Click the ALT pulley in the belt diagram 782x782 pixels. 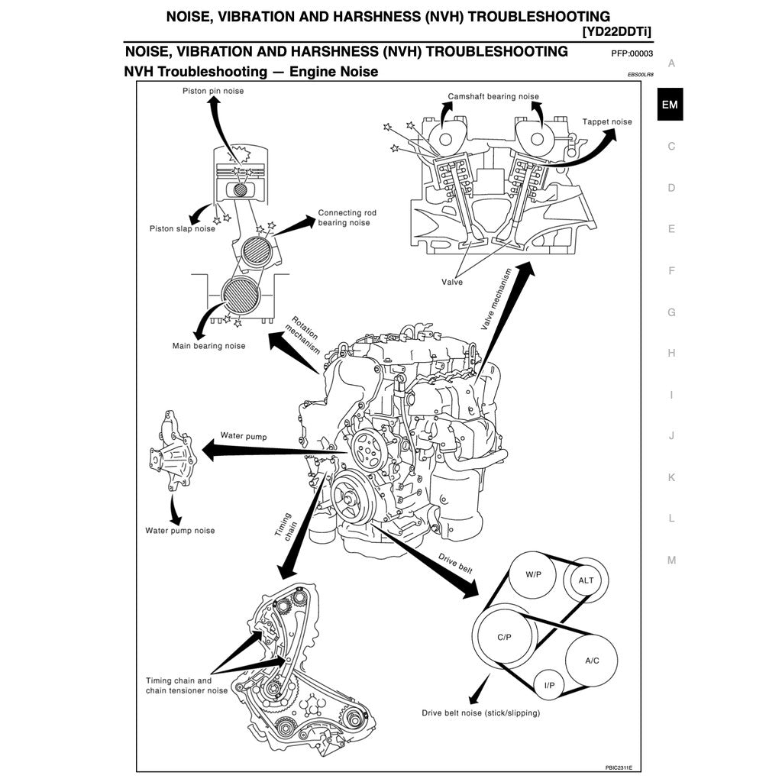point(586,580)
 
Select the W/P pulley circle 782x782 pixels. point(534,575)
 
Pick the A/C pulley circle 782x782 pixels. point(592,661)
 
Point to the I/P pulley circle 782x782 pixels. point(549,686)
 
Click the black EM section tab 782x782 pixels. point(670,105)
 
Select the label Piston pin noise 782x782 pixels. point(213,91)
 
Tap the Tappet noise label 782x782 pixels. point(607,121)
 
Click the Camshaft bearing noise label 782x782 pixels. point(493,97)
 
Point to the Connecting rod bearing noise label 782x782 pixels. point(347,218)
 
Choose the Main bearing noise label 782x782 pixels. point(208,346)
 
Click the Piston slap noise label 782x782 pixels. point(183,228)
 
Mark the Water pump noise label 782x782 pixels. point(180,531)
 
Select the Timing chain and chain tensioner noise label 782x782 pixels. point(186,685)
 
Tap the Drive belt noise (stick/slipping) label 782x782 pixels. point(480,713)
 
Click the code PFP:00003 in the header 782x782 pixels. point(632,53)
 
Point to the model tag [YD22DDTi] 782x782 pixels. point(617,31)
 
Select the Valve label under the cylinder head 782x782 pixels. point(452,282)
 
